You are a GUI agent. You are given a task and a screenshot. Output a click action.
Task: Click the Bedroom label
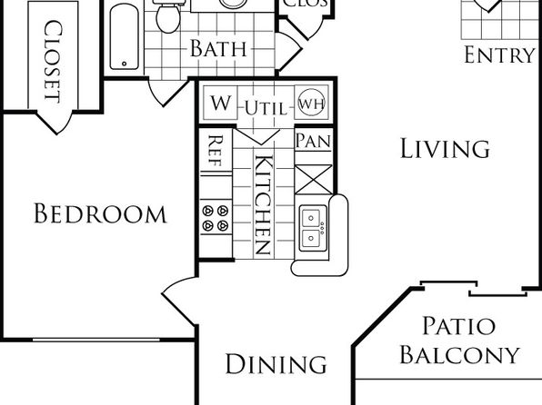pyautogui.click(x=100, y=213)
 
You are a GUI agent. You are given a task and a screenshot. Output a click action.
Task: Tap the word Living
pyautogui.click(x=445, y=148)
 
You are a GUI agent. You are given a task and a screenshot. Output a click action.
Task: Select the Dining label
pyautogui.click(x=276, y=364)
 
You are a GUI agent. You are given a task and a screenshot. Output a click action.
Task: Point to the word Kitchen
pyautogui.click(x=264, y=204)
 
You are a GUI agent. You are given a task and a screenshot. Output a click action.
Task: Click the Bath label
pyautogui.click(x=218, y=48)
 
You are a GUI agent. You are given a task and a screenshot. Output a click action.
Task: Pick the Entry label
pyautogui.click(x=499, y=54)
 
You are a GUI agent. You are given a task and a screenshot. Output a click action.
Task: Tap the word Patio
pyautogui.click(x=459, y=326)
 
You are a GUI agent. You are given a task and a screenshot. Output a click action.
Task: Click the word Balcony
pyautogui.click(x=460, y=354)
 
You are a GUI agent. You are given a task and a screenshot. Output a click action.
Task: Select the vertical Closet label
pyautogui.click(x=54, y=62)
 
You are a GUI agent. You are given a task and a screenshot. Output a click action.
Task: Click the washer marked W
pyautogui.click(x=221, y=103)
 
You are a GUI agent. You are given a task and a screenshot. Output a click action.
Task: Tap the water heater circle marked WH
pyautogui.click(x=311, y=103)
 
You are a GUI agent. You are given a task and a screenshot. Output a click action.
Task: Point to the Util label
pyautogui.click(x=266, y=109)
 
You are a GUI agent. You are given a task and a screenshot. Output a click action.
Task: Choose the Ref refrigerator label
pyautogui.click(x=216, y=151)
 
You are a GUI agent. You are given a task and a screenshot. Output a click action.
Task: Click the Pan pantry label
pyautogui.click(x=313, y=141)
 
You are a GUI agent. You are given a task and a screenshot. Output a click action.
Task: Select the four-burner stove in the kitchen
pyautogui.click(x=216, y=218)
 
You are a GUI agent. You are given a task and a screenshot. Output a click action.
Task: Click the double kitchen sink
pyautogui.click(x=313, y=228)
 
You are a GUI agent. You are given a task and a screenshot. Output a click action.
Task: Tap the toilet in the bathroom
pyautogui.click(x=168, y=17)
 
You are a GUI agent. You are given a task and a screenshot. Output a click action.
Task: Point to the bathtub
pyautogui.click(x=125, y=36)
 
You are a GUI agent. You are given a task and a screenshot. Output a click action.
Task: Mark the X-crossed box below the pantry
pyautogui.click(x=314, y=179)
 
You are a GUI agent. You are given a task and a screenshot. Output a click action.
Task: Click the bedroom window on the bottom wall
pyautogui.click(x=96, y=341)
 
